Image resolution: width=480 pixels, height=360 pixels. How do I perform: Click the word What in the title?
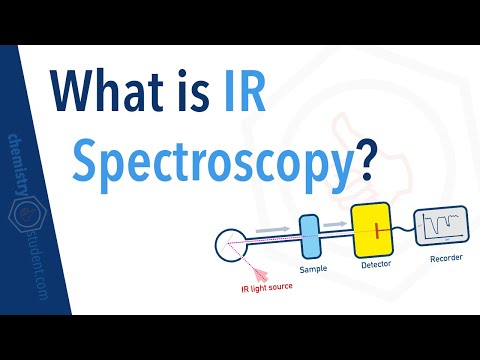[129, 94]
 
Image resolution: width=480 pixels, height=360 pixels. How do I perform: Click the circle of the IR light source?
[234, 246]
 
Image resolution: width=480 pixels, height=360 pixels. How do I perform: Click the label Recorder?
[445, 262]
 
